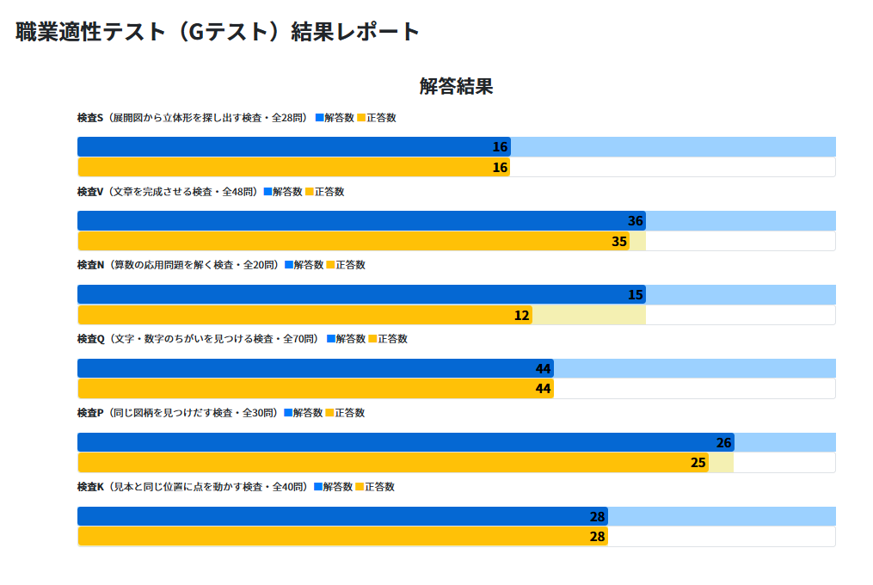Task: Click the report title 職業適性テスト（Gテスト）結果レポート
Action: click(x=218, y=32)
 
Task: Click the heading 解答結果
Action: click(x=456, y=86)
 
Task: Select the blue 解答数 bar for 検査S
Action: click(x=293, y=147)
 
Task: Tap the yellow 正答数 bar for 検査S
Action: click(x=293, y=168)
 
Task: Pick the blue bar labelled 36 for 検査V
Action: click(x=361, y=221)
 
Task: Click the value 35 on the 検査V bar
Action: click(x=619, y=242)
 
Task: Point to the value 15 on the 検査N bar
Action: click(x=636, y=295)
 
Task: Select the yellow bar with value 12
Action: click(x=304, y=316)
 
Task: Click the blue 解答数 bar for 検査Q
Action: click(x=315, y=369)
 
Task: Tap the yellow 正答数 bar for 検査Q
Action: click(x=315, y=389)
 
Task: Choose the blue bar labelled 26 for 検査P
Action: click(x=405, y=443)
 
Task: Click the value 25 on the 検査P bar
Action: click(x=698, y=463)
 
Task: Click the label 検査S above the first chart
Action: click(x=90, y=118)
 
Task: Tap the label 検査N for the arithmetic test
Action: click(x=90, y=265)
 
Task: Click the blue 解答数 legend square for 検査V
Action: click(x=267, y=192)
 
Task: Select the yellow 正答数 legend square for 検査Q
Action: click(x=372, y=339)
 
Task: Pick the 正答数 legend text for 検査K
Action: click(x=379, y=487)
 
